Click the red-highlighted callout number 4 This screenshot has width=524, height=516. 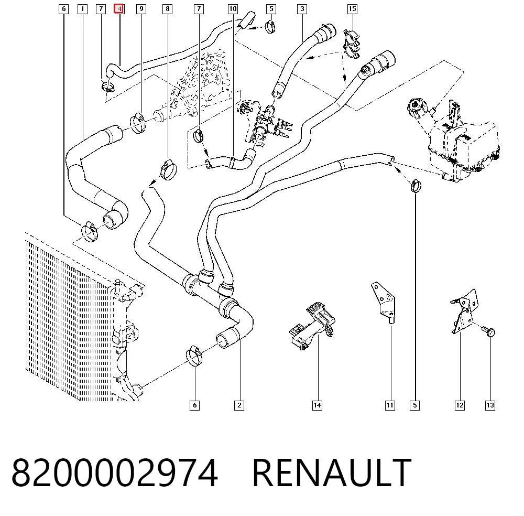tap(119, 9)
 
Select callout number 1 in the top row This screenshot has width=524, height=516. tap(82, 9)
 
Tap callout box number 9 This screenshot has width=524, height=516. tap(141, 9)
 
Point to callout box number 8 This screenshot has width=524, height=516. tap(168, 9)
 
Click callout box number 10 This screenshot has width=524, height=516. tap(233, 9)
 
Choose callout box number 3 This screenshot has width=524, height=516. tap(302, 9)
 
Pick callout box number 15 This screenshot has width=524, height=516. tap(352, 9)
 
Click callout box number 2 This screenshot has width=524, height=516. tap(239, 405)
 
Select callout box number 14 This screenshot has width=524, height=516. tap(317, 405)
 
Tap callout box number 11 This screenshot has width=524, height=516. tap(390, 405)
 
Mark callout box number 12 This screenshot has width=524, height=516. tap(460, 405)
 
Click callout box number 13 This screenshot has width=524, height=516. tap(490, 405)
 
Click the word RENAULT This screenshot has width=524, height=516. tap(332, 472)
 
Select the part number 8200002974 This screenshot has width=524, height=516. tap(115, 472)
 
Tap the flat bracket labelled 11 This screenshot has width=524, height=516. tap(384, 302)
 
